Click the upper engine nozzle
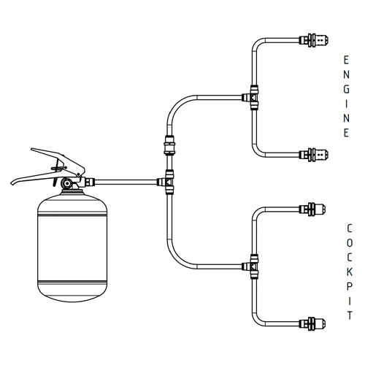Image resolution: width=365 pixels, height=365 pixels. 314,40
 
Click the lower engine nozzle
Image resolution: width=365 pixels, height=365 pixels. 314,155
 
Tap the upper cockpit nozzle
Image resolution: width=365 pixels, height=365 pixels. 312,209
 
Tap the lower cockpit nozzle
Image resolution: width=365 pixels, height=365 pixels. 312,323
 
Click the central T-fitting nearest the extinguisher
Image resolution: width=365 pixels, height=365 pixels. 167,182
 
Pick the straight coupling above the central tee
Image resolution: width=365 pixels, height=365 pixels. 169,145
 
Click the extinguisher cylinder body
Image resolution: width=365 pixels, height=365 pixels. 72,246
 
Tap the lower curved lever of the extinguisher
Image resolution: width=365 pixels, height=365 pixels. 36,177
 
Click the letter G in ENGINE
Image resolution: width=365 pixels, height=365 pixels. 347,89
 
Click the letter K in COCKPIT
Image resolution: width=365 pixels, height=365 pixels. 350,272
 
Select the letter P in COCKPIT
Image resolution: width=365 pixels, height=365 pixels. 349,287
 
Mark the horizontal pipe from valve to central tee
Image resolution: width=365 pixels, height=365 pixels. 126,182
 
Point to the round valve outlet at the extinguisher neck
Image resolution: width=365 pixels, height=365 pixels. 66,182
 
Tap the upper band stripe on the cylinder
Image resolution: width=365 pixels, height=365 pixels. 72,213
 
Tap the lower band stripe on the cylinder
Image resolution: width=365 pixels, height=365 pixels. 72,283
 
